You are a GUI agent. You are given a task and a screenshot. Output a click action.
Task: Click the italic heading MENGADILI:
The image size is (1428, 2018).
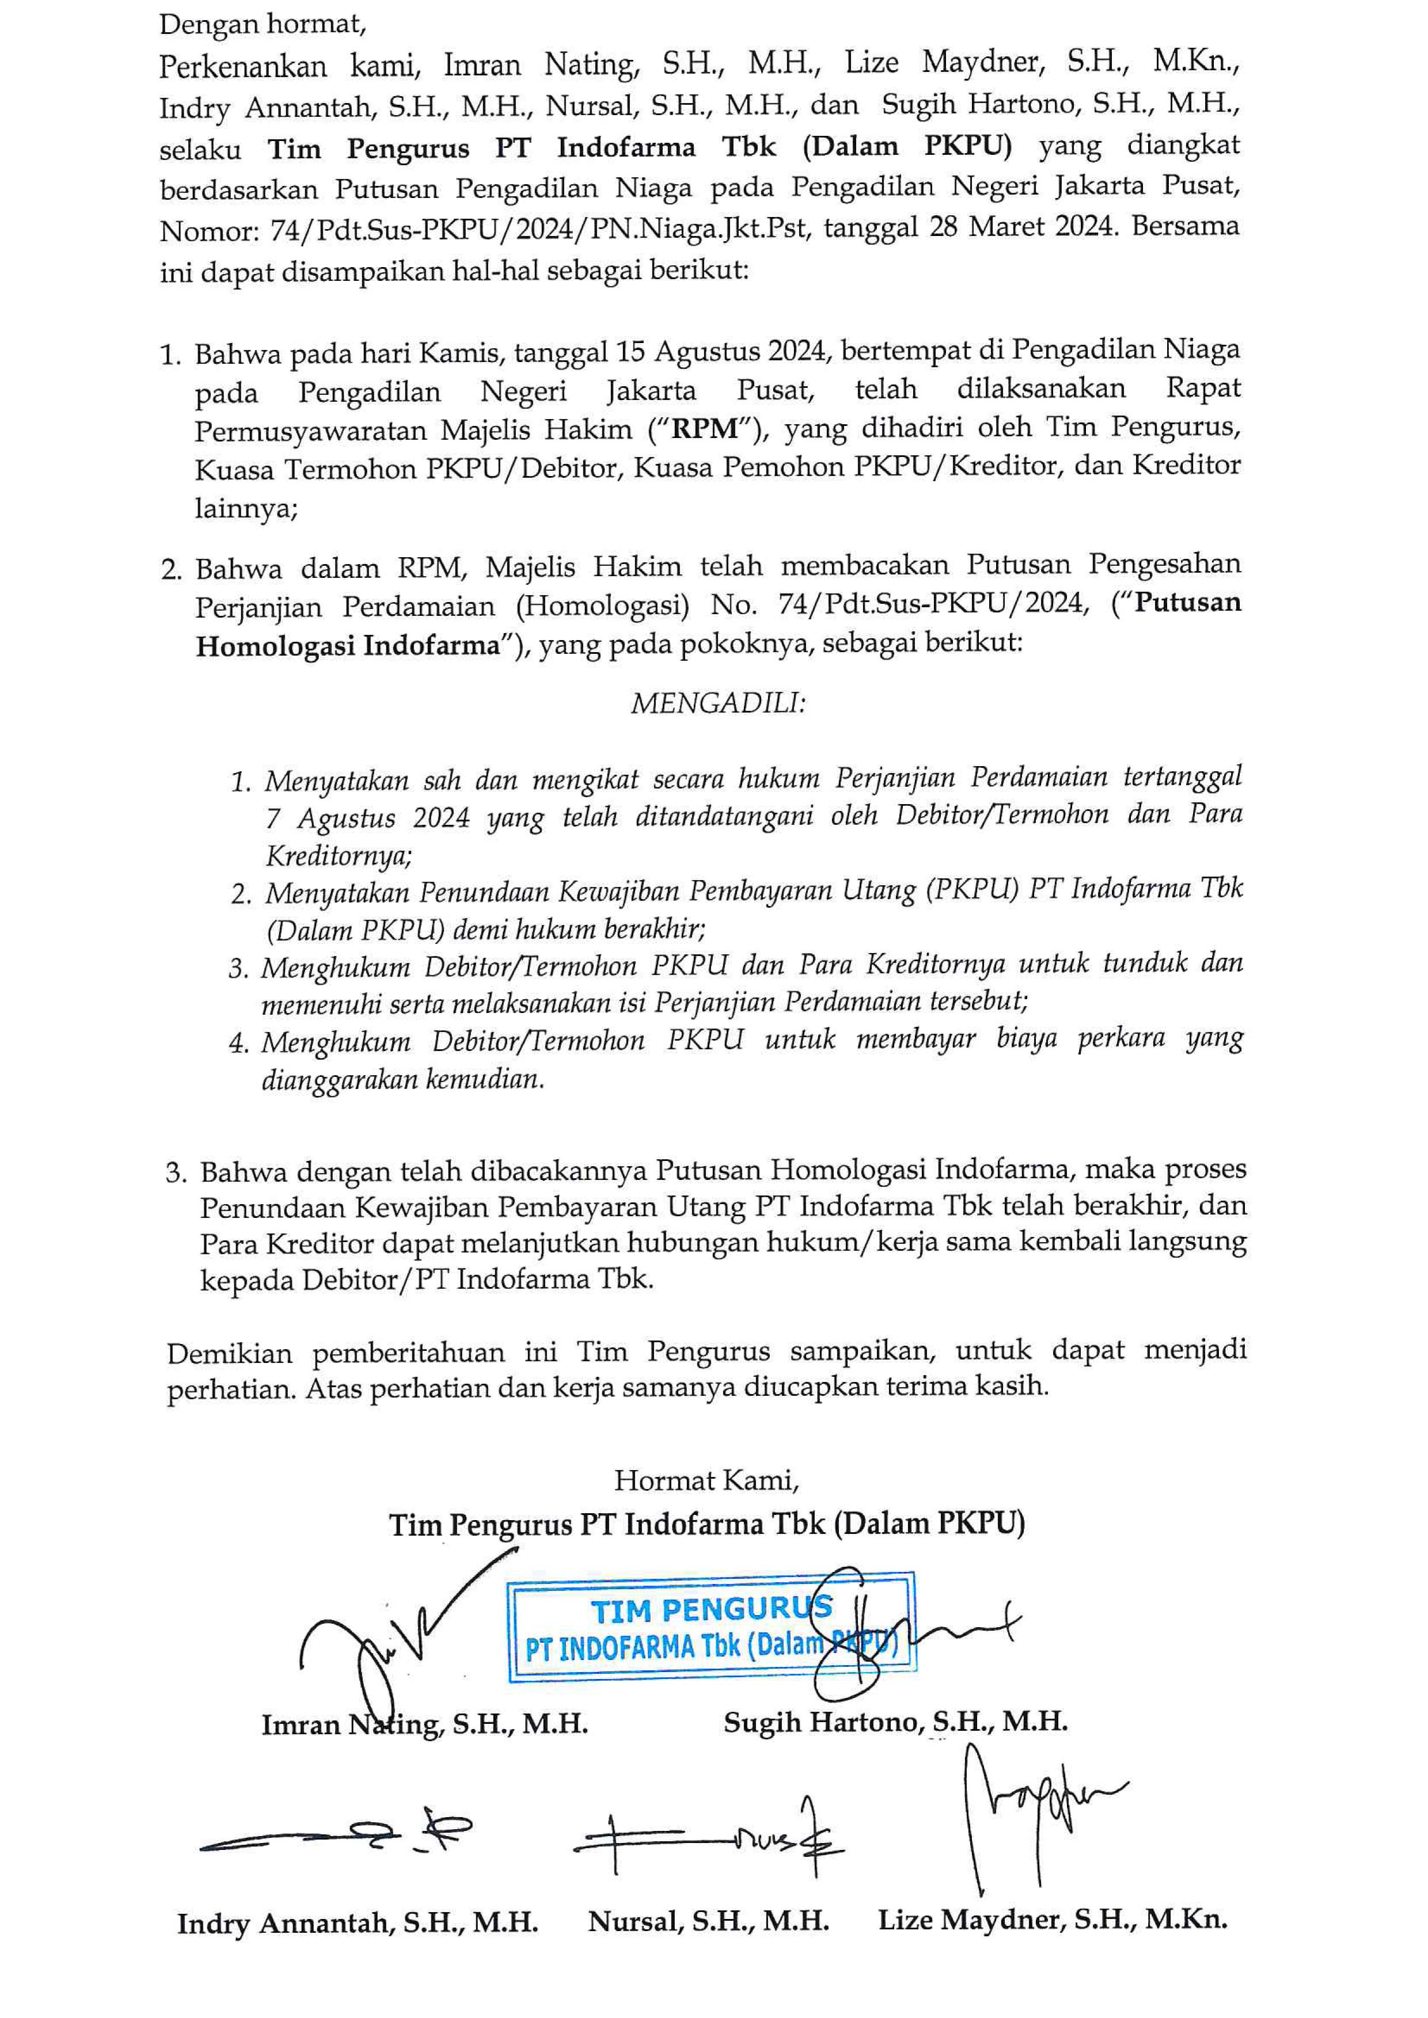point(717,703)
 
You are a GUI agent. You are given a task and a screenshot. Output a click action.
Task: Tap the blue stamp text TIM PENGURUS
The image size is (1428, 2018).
point(711,1610)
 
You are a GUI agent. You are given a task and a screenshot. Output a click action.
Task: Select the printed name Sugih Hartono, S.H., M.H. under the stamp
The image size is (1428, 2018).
point(895,1722)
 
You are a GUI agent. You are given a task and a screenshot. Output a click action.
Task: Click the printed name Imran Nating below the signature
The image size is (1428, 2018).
point(424,1724)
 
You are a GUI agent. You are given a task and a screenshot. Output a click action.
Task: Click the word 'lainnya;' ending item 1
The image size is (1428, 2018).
point(246,508)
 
